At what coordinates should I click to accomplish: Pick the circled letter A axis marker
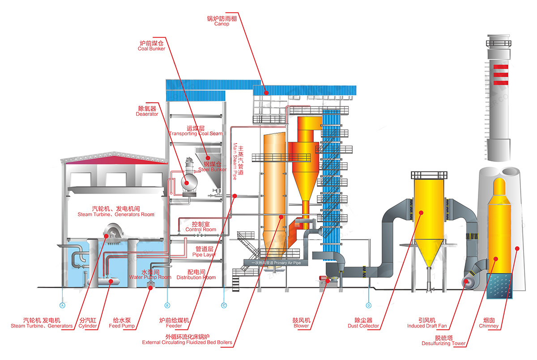pos(63,305)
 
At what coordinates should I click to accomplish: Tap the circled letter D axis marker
pos(369,305)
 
